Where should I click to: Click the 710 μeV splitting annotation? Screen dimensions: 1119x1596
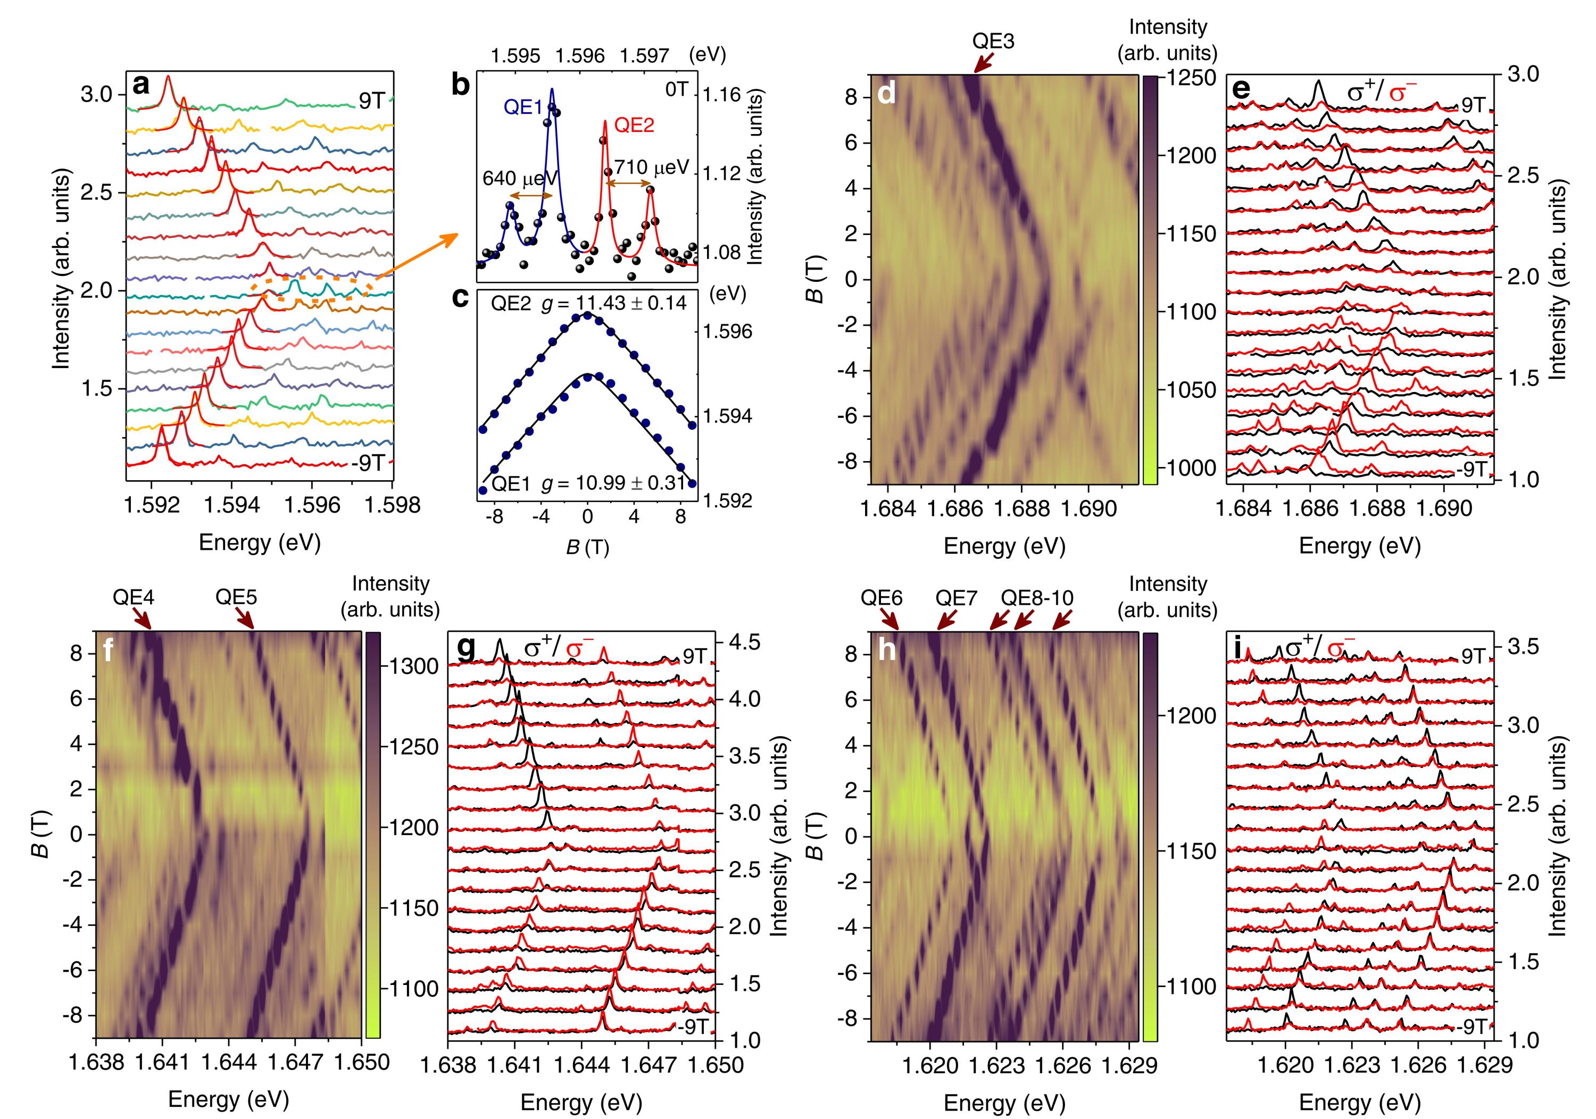pyautogui.click(x=650, y=168)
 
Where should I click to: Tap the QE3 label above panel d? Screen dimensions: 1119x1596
pyautogui.click(x=993, y=41)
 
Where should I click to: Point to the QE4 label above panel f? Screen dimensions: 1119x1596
pyautogui.click(x=135, y=597)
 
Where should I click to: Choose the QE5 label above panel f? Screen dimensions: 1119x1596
pyautogui.click(x=236, y=597)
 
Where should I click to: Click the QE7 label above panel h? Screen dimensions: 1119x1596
pyautogui.click(x=956, y=598)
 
